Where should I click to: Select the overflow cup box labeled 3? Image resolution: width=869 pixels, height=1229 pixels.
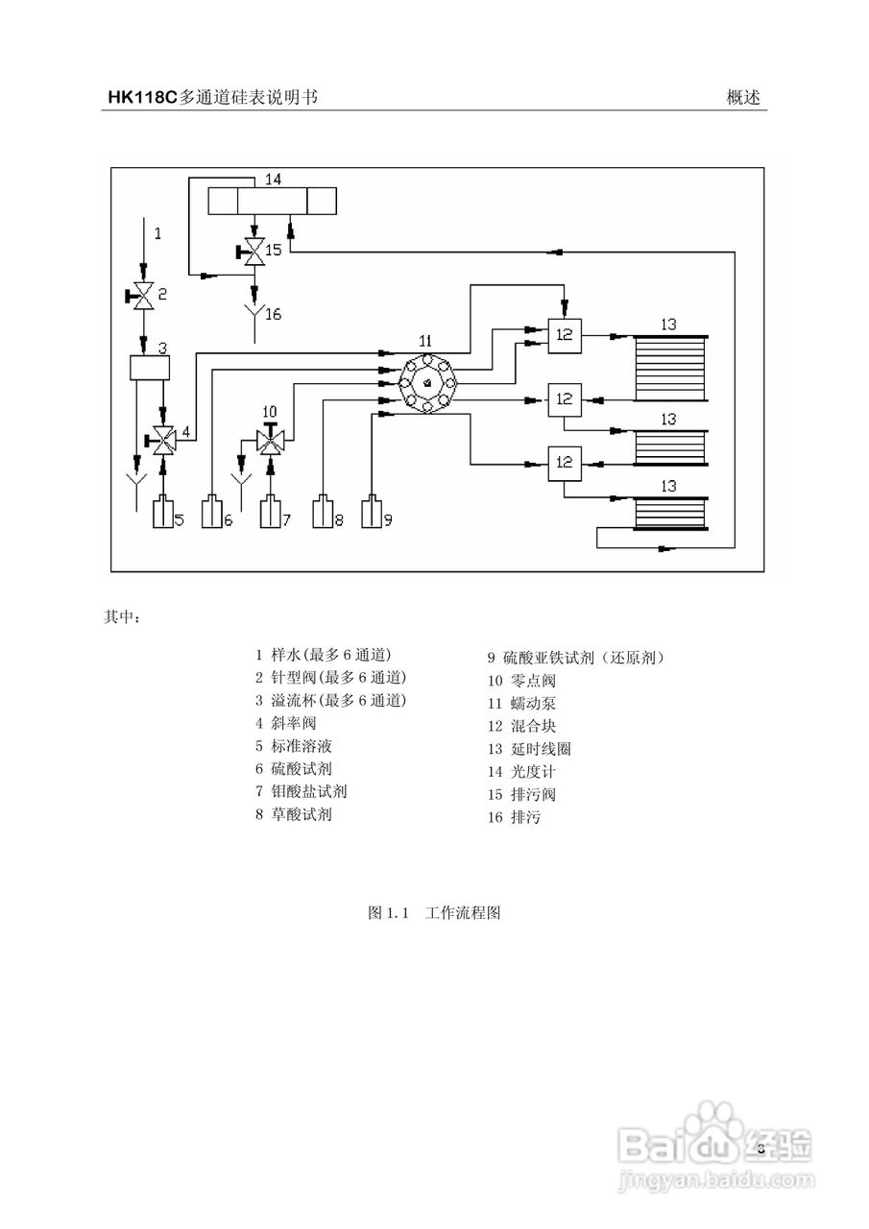click(x=148, y=369)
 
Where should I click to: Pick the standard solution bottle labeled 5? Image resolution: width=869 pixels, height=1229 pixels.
click(x=162, y=514)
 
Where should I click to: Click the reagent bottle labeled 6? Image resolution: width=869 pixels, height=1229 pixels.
click(x=212, y=514)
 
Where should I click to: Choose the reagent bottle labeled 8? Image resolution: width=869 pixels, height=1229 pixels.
click(x=323, y=514)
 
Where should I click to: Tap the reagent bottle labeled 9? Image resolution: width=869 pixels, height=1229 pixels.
click(x=372, y=514)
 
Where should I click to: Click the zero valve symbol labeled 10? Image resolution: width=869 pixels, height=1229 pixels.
click(x=272, y=441)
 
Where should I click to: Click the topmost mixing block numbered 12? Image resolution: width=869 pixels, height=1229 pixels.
click(x=564, y=335)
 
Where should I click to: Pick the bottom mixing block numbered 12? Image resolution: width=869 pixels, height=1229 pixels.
click(x=564, y=463)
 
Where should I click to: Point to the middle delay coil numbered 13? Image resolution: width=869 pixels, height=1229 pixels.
click(x=669, y=447)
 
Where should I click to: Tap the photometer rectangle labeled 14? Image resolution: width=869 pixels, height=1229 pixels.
click(x=274, y=203)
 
